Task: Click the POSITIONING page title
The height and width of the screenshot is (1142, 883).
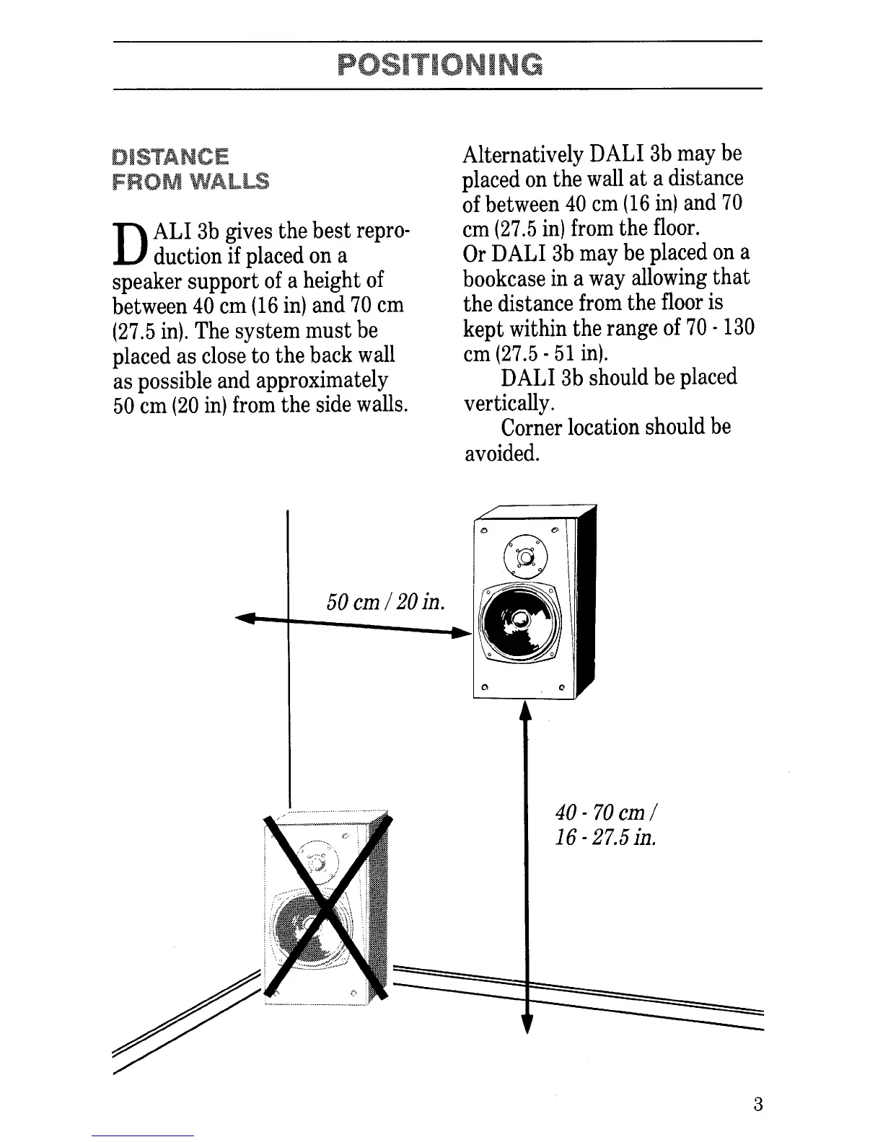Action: click(x=440, y=65)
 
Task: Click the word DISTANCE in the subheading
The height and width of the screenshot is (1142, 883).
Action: click(x=170, y=156)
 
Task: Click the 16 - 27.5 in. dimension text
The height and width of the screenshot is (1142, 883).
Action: click(x=606, y=838)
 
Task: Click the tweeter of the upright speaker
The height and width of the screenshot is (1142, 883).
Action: click(x=525, y=556)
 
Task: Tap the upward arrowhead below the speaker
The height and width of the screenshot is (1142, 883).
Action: click(x=525, y=712)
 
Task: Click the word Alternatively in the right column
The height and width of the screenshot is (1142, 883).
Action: click(x=523, y=154)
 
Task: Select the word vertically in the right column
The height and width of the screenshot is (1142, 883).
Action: click(x=500, y=403)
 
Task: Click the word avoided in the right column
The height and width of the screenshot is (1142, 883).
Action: click(x=501, y=453)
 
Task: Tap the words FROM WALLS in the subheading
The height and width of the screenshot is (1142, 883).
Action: click(x=190, y=181)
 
